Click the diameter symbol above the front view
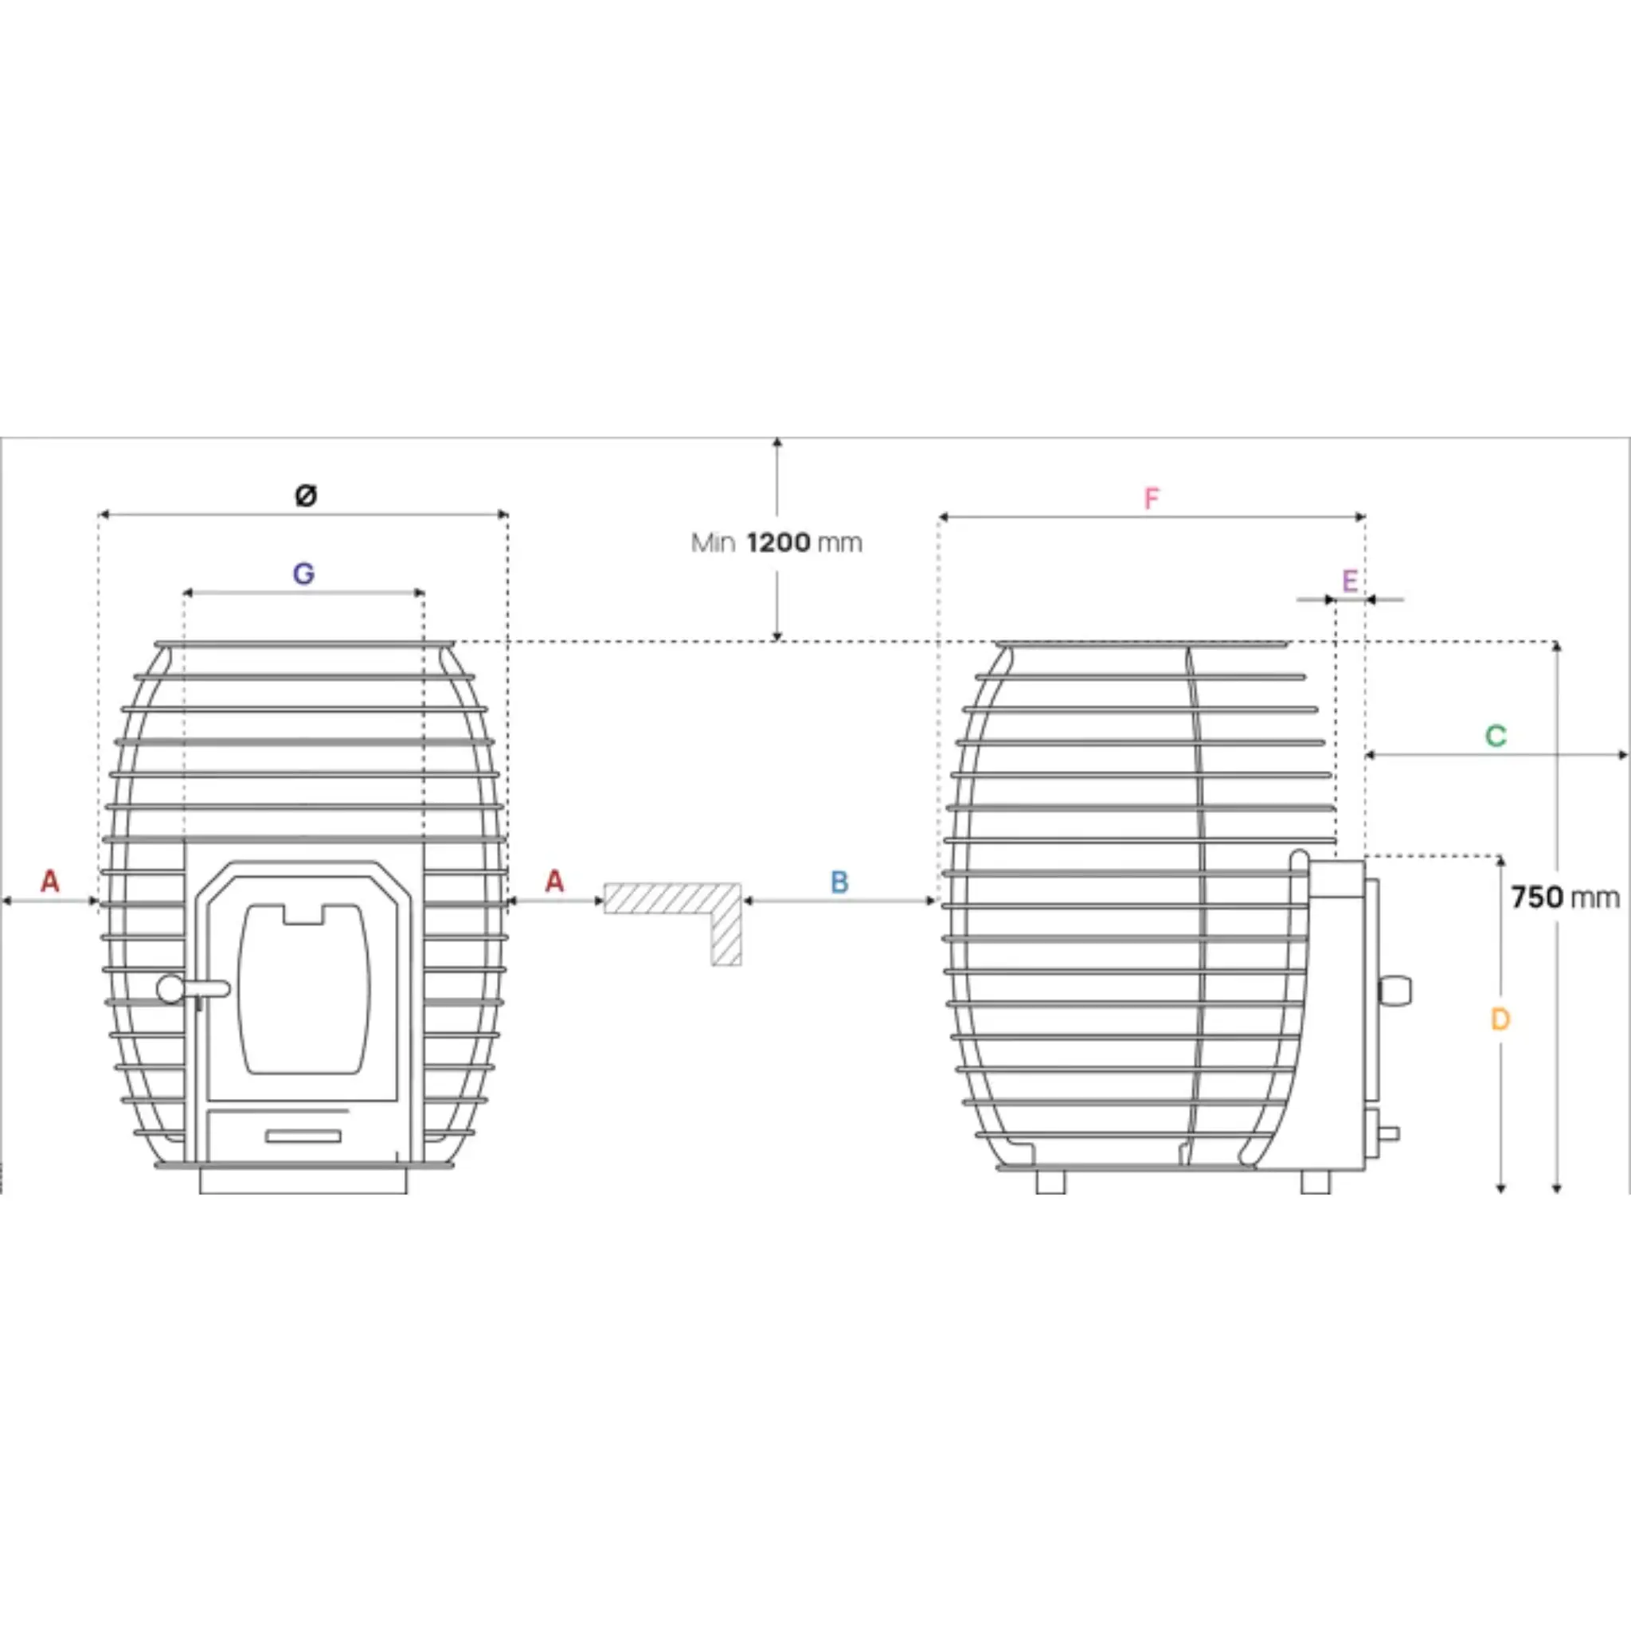[307, 495]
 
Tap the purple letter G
[304, 574]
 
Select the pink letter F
[1152, 499]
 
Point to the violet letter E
[1349, 581]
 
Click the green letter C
[1495, 736]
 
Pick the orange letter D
[1500, 1020]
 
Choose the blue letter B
[839, 882]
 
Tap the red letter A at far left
[50, 882]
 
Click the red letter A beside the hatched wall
[553, 882]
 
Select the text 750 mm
[1565, 898]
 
